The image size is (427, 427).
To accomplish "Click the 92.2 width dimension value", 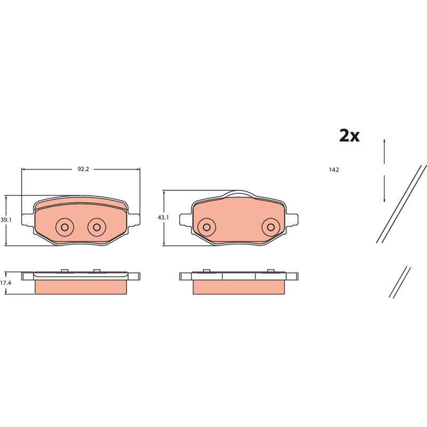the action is point(83,169).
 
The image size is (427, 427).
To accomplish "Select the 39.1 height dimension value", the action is point(6,220).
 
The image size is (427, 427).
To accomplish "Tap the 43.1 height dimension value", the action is point(163,218).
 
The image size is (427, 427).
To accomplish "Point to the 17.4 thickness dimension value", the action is point(5,283).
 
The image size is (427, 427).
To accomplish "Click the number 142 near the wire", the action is point(334,170).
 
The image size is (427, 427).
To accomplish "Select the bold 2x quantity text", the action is point(350,136).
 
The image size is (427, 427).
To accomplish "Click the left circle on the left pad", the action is point(65,227).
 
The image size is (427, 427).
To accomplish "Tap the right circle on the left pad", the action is point(97,227).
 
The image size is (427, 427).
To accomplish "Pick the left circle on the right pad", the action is point(207,227).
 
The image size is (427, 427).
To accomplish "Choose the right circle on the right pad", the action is point(271,227).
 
